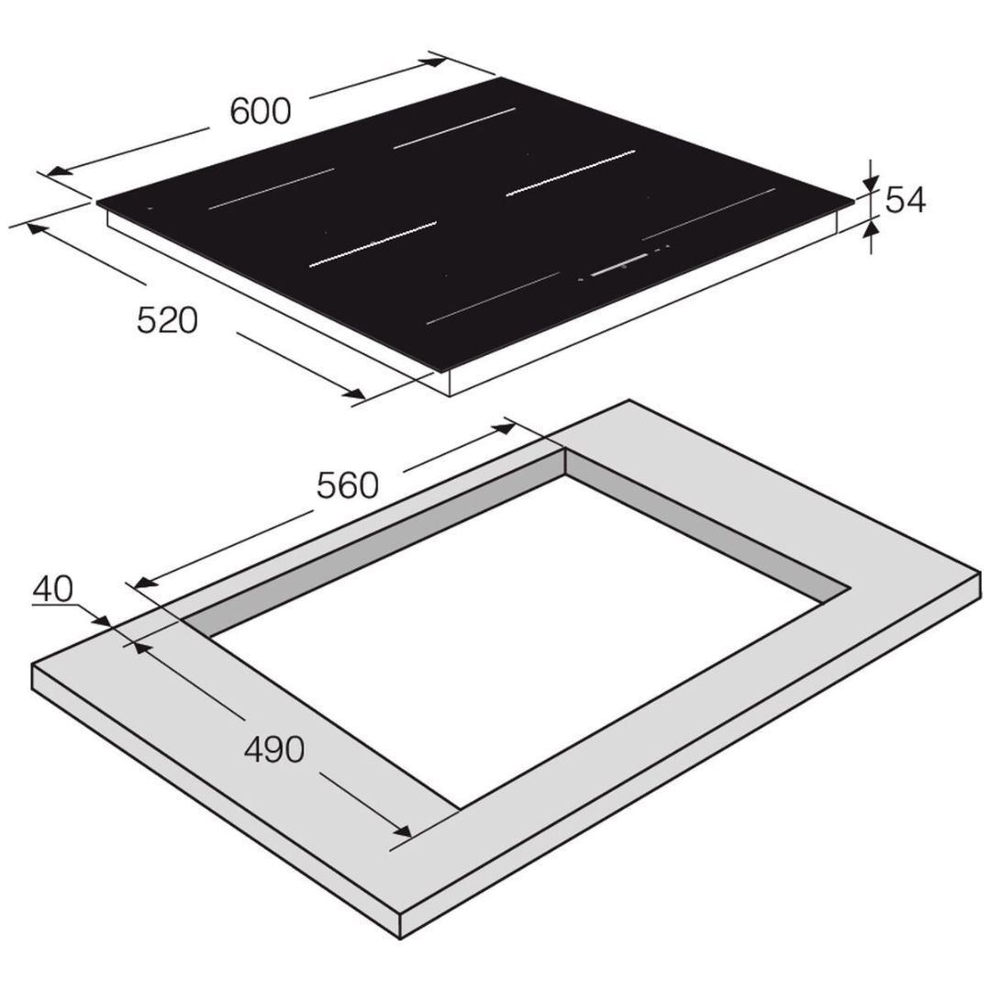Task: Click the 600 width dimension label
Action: click(261, 111)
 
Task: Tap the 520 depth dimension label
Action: click(168, 320)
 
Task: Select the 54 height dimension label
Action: click(905, 200)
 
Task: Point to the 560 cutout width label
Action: click(348, 486)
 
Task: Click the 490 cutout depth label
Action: click(274, 750)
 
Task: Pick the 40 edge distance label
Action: click(53, 589)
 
